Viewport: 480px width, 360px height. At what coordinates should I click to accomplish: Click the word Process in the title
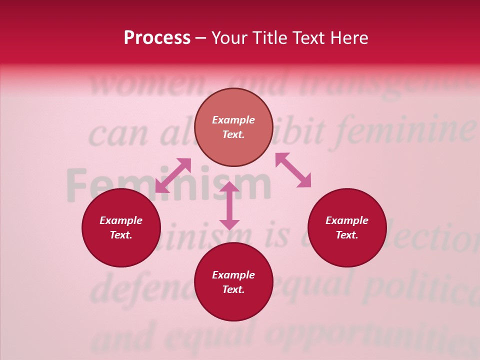coord(157,38)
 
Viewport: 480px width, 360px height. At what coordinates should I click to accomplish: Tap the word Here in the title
coord(347,38)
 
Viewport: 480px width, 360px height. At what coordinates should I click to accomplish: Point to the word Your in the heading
coord(230,38)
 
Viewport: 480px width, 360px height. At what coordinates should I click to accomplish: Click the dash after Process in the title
coord(201,38)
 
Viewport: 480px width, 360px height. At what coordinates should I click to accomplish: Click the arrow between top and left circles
coord(173,175)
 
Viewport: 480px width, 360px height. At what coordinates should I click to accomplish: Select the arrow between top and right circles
coord(293,170)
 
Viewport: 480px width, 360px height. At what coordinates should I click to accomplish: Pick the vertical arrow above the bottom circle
coord(229,205)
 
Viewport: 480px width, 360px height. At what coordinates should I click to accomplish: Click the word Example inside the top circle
coord(233,120)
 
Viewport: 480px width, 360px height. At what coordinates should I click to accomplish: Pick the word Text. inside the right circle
coord(347,235)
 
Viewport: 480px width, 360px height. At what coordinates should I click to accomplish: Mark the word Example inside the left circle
coord(121,220)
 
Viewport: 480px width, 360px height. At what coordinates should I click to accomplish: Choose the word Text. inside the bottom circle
coord(233,289)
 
